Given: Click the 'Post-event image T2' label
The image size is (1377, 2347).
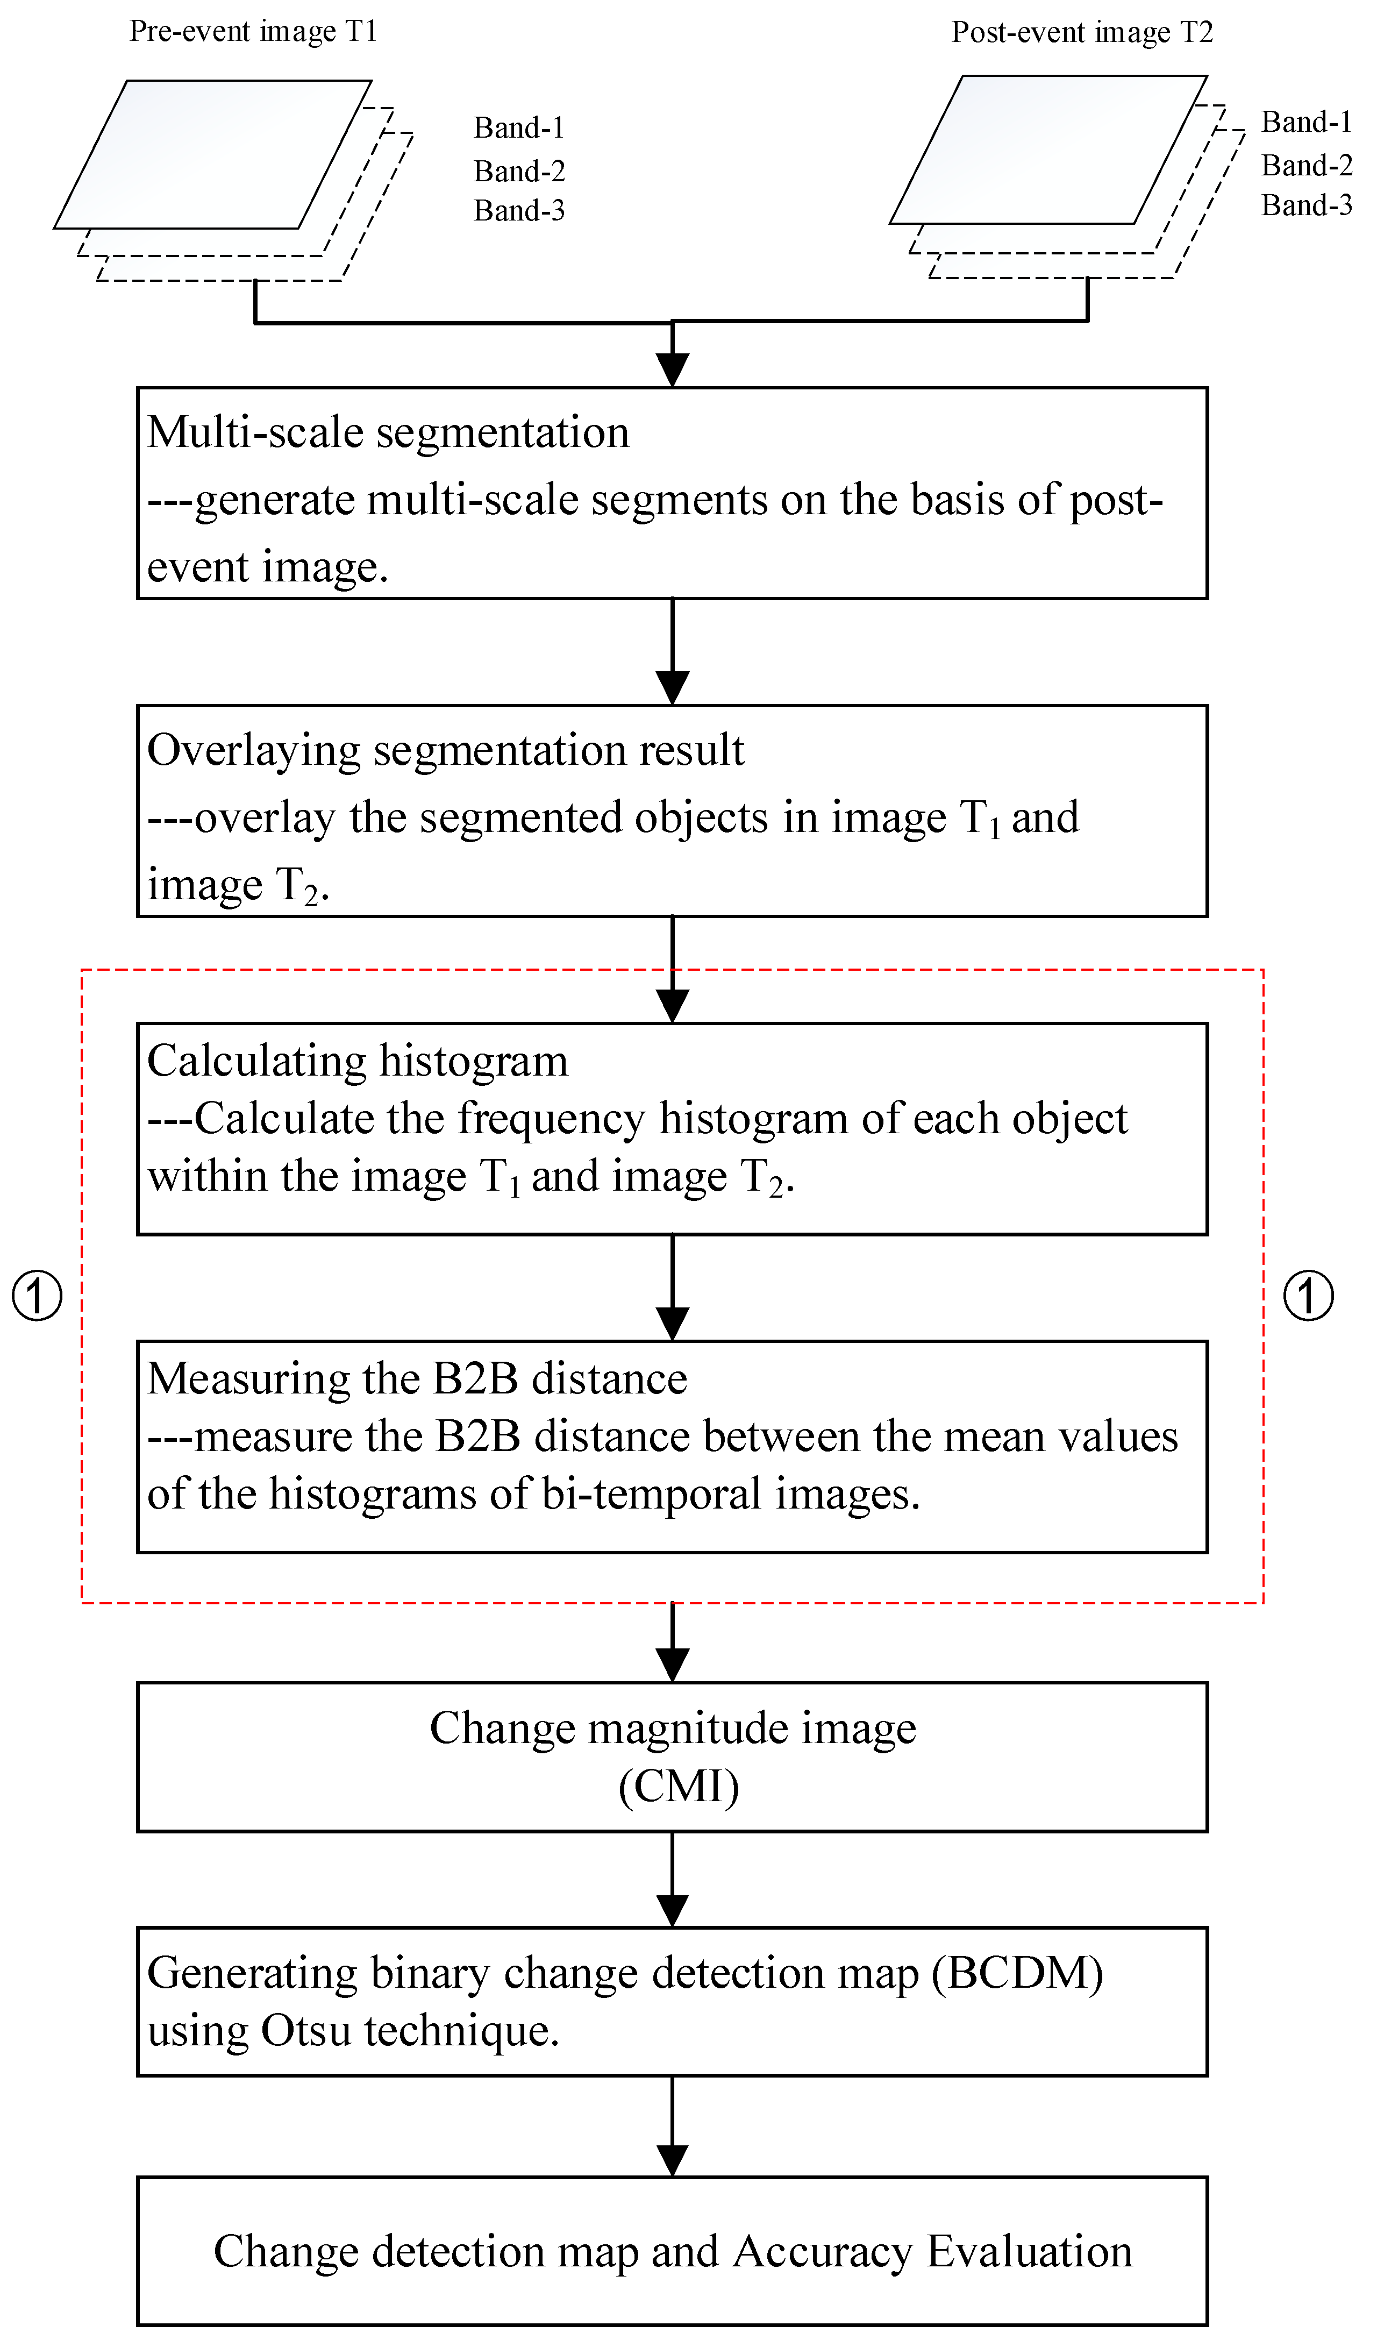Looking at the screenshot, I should [1082, 33].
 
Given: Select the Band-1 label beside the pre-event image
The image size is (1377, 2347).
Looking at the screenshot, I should [518, 127].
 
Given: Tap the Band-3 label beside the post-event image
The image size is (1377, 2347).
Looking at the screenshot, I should [1306, 205].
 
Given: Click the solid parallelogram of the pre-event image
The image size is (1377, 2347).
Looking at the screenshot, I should [212, 154].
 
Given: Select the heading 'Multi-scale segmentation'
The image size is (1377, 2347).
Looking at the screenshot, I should [388, 433].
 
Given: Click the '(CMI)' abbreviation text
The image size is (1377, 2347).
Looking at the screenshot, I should [679, 1786].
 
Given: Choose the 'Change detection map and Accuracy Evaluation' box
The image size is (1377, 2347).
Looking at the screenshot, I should [672, 2251].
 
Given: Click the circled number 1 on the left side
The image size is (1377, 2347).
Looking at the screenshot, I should [37, 1296].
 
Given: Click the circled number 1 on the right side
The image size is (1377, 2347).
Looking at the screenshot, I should [1308, 1296].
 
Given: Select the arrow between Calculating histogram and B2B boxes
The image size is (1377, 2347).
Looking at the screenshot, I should [672, 1290].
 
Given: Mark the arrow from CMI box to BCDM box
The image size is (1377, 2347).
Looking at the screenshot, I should [672, 1881].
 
